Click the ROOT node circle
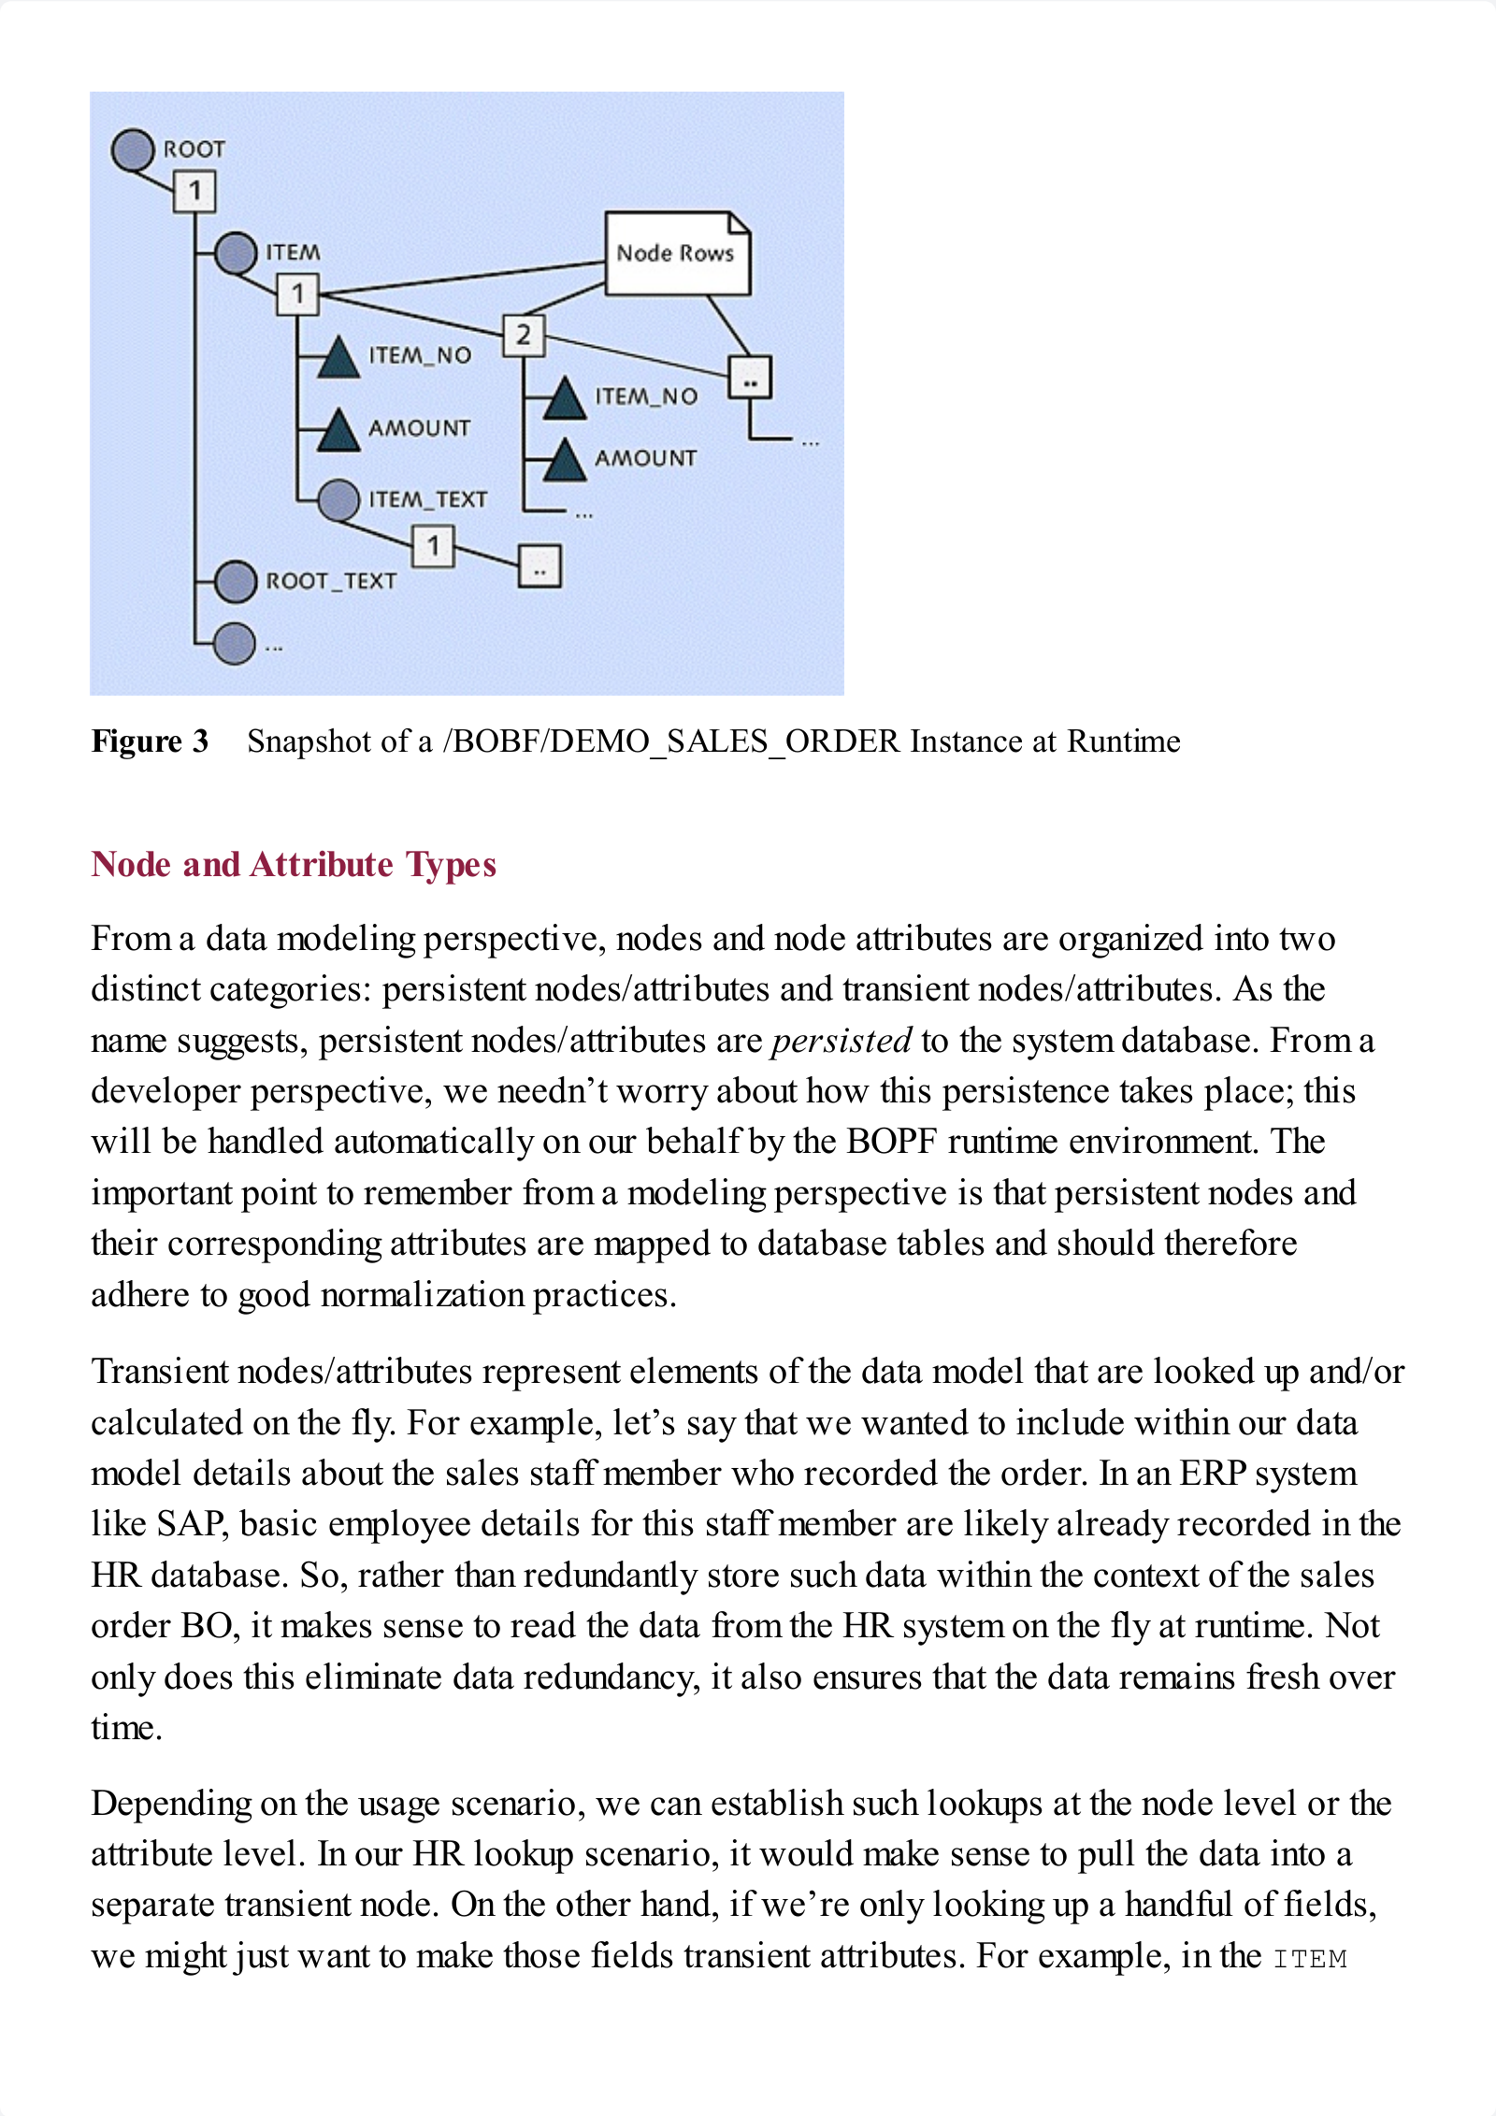coord(133,150)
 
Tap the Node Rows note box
coord(676,253)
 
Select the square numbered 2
coord(523,335)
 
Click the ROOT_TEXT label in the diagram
coord(331,582)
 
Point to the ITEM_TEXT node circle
coord(338,500)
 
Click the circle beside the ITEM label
coord(236,252)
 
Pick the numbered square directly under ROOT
coord(194,192)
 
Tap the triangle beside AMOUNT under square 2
coord(564,459)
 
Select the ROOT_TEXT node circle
coord(236,582)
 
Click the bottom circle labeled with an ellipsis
coord(235,644)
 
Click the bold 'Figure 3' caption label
coord(150,741)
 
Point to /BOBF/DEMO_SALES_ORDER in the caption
coord(670,741)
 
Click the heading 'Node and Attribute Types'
coord(294,865)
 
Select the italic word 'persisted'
coord(841,1041)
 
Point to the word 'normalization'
coord(422,1295)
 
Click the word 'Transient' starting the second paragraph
coord(160,1372)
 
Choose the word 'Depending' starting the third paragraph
coord(171,1804)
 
